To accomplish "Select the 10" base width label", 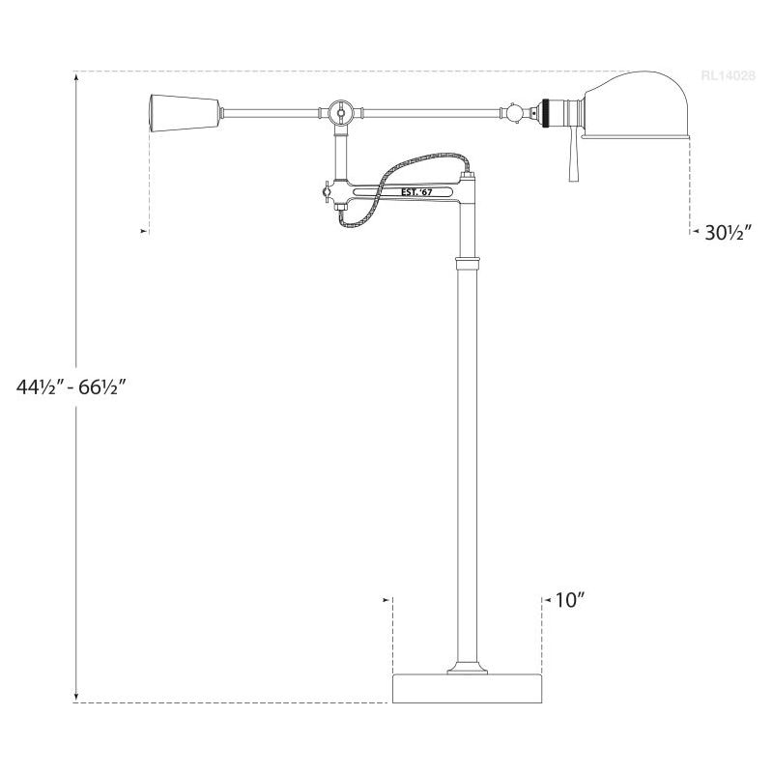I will [x=571, y=600].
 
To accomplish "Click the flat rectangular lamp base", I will [x=467, y=688].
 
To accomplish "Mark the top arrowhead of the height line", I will [x=76, y=76].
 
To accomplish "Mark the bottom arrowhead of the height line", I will [x=76, y=697].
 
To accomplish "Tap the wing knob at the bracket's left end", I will [x=333, y=192].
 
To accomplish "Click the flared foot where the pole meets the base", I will [x=468, y=668].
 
